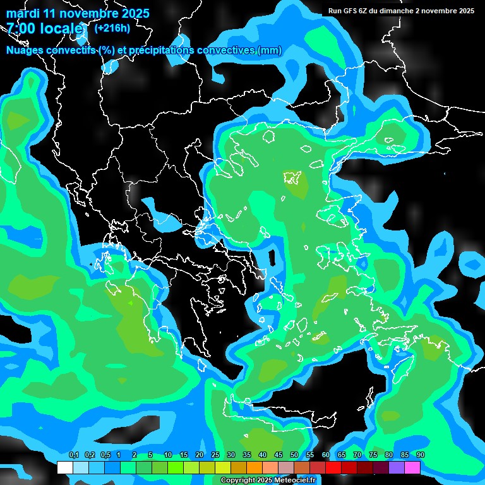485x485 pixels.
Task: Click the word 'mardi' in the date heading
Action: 21,13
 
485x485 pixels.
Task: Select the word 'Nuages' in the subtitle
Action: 24,51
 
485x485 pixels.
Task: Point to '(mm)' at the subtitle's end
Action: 270,51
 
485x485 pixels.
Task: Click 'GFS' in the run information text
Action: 350,11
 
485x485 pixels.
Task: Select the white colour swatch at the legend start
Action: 64,467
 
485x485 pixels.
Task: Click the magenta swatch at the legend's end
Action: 412,467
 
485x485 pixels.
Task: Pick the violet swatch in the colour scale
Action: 397,467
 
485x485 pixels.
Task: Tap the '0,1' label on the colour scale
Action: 73,455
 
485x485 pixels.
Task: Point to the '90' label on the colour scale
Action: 421,455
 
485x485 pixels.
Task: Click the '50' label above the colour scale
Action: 294,455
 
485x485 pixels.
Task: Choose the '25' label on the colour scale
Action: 215,455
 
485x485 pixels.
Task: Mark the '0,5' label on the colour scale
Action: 105,455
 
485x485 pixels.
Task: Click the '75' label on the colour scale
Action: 373,455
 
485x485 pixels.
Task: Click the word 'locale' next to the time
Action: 61,28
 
